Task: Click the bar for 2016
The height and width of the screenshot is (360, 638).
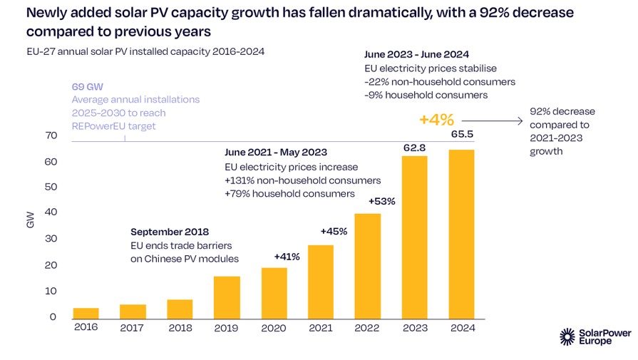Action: (86, 313)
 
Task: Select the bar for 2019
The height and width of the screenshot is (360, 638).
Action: (227, 297)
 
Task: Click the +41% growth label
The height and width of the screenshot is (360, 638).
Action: (287, 257)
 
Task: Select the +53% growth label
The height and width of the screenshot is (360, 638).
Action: (381, 201)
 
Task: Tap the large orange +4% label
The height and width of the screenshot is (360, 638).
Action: (436, 120)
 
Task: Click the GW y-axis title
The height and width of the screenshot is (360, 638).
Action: (29, 222)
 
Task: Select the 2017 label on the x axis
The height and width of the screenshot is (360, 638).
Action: (132, 327)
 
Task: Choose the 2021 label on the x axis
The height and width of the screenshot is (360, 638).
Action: (320, 327)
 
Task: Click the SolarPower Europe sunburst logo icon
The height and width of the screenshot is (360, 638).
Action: (567, 336)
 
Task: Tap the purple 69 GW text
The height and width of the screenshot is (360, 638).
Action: (88, 86)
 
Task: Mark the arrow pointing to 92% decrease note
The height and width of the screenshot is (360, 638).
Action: (492, 121)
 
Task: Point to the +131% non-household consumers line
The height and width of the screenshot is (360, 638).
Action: (303, 180)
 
